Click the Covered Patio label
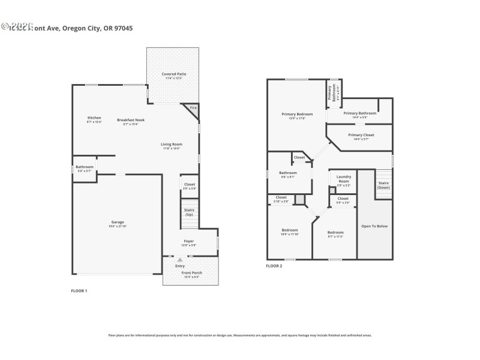pyautogui.click(x=173, y=74)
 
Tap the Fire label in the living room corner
pyautogui.click(x=193, y=108)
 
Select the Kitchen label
pyautogui.click(x=94, y=118)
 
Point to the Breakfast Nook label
pyautogui.click(x=130, y=120)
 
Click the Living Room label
pyautogui.click(x=171, y=145)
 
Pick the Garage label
pyautogui.click(x=117, y=222)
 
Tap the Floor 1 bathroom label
pyautogui.click(x=84, y=167)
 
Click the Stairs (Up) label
pyautogui.click(x=189, y=212)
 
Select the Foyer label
pyautogui.click(x=189, y=242)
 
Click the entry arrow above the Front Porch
pyautogui.click(x=179, y=260)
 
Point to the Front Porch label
pyautogui.click(x=191, y=274)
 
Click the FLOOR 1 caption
pyautogui.click(x=79, y=290)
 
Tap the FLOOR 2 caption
pyautogui.click(x=274, y=266)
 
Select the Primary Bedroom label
pyautogui.click(x=297, y=114)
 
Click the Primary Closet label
pyautogui.click(x=361, y=136)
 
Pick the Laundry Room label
pyautogui.click(x=343, y=178)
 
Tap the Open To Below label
pyautogui.click(x=374, y=226)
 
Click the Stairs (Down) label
pyautogui.click(x=383, y=185)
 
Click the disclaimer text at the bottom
pyautogui.click(x=239, y=335)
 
